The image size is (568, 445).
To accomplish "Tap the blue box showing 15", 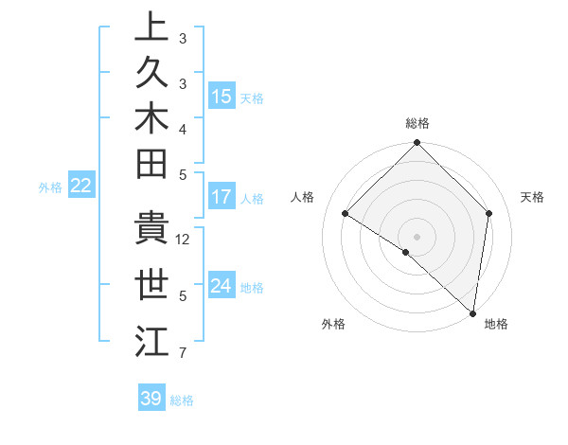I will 222,97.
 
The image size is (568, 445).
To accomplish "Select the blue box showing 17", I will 222,197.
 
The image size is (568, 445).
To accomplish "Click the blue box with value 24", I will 222,286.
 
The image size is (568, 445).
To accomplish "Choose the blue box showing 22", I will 81,187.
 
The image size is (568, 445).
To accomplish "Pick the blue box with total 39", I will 151,399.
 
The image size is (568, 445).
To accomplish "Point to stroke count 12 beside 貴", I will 184,240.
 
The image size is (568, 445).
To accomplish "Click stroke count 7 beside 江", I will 183,354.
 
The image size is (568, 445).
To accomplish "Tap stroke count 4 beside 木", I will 183,129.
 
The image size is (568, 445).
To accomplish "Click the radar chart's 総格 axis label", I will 417,123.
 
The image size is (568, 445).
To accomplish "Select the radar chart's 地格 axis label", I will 496,324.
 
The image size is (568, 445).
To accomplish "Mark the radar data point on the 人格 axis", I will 346,214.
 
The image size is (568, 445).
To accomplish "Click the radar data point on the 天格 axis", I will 489,214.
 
